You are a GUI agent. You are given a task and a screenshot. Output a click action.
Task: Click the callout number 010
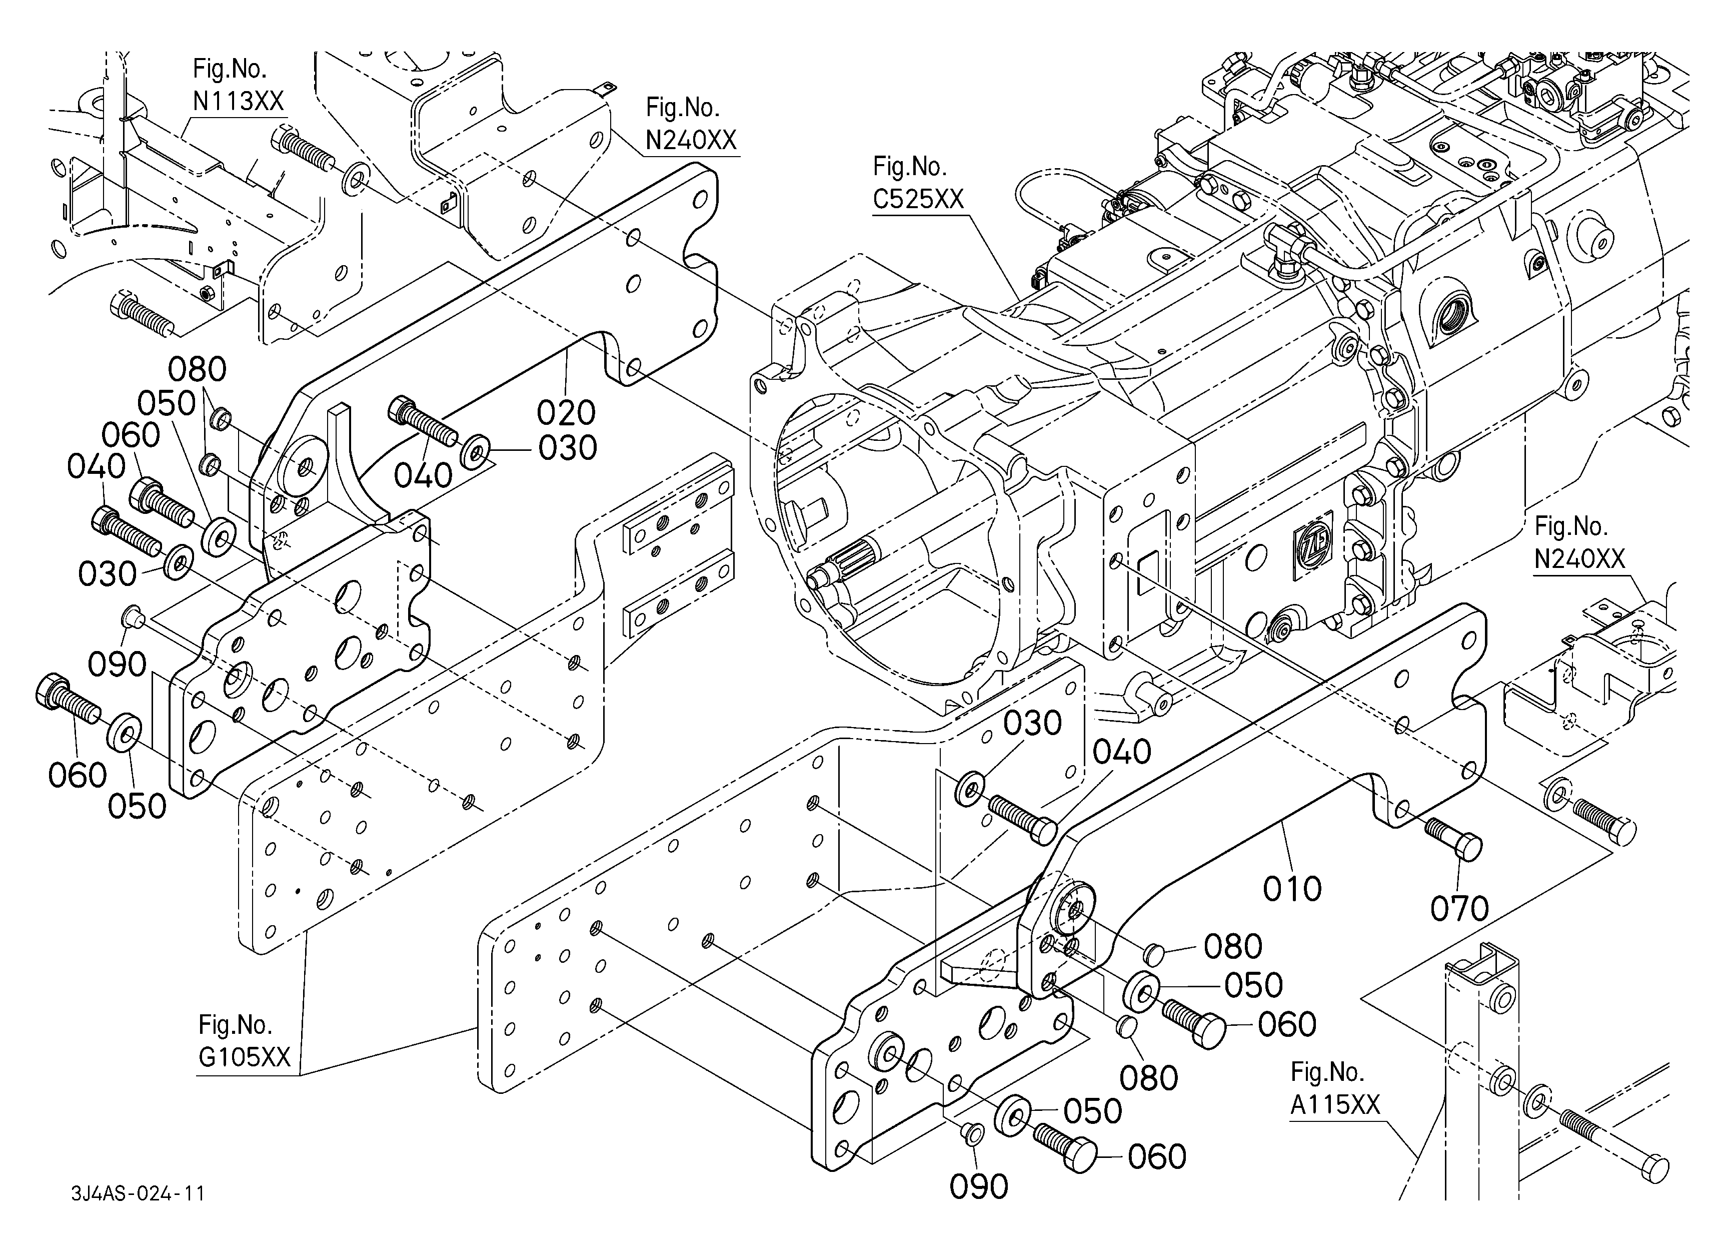point(1292,889)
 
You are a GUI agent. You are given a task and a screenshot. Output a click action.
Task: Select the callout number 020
point(566,413)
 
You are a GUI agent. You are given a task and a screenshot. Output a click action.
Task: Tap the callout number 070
point(1459,908)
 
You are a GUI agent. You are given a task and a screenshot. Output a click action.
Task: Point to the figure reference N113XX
point(238,101)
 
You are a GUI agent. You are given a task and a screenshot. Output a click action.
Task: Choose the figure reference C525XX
point(918,199)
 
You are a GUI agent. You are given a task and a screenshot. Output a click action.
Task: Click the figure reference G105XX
point(244,1057)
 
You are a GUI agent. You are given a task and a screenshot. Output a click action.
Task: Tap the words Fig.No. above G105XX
point(235,1025)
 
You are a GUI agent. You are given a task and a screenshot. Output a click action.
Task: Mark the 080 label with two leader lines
point(197,370)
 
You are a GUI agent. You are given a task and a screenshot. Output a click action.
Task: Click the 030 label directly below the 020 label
point(567,448)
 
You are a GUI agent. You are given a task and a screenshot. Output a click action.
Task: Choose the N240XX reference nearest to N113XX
point(691,140)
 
